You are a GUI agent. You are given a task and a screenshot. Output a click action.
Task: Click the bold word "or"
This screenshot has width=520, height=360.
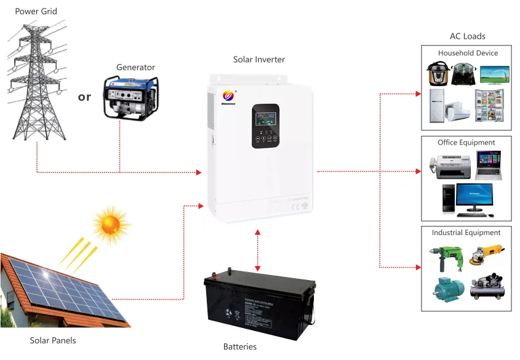coord(85,97)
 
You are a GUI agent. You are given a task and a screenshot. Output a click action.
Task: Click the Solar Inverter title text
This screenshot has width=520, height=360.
coord(259,60)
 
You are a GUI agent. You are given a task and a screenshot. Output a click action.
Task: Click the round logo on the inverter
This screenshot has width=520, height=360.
coord(228,95)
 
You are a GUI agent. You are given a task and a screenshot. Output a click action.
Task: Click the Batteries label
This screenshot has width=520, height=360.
coord(240,346)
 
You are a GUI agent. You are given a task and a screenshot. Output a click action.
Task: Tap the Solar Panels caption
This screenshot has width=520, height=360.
coord(54,340)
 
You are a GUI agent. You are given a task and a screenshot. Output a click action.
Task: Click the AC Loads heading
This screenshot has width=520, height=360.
coord(468,36)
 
